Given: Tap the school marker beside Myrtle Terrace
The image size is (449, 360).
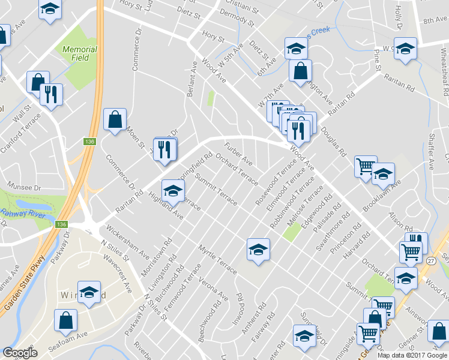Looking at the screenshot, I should coord(258,249).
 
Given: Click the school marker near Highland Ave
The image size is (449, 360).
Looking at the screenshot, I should coord(173,190).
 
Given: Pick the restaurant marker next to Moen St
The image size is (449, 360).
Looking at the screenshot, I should coord(164,149).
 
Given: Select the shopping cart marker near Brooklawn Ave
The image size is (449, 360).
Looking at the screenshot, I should coord(365,166).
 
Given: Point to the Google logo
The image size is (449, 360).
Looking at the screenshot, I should coord(20,353).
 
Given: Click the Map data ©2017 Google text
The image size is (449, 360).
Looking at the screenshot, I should coord(412,355).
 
